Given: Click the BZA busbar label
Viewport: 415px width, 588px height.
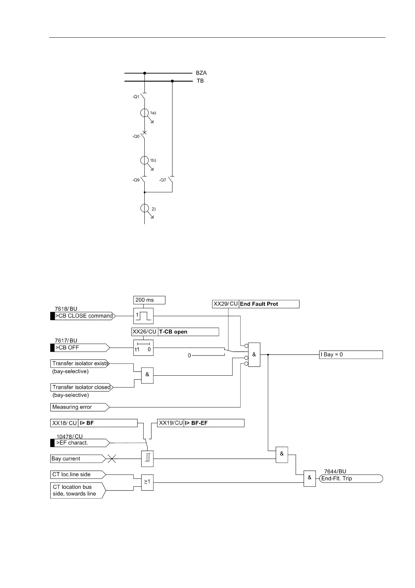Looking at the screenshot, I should pyautogui.click(x=201, y=73).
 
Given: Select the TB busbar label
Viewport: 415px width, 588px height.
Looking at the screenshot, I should pyautogui.click(x=200, y=81).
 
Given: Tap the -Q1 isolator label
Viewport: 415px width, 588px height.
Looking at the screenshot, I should pyautogui.click(x=136, y=97).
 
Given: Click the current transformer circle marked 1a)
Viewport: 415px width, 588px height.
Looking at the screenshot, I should pyautogui.click(x=144, y=113).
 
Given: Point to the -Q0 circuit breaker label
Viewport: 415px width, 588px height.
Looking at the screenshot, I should pyautogui.click(x=136, y=137).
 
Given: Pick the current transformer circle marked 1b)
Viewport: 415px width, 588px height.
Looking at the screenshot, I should pyautogui.click(x=144, y=160).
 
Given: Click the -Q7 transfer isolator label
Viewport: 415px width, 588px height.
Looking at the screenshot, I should pyautogui.click(x=163, y=180).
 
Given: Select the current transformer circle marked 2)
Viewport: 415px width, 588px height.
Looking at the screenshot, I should pyautogui.click(x=144, y=208).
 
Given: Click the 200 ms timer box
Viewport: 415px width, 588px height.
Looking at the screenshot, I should pyautogui.click(x=149, y=300).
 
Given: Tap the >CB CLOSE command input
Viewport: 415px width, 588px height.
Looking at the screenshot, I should pyautogui.click(x=84, y=316).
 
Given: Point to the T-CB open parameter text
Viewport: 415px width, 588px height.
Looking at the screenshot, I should pyautogui.click(x=173, y=332).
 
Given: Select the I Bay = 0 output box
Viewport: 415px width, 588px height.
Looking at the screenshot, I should pyautogui.click(x=351, y=355).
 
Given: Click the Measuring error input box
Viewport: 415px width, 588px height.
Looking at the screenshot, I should pyautogui.click(x=79, y=407).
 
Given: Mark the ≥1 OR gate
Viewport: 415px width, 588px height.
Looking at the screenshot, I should pyautogui.click(x=147, y=482).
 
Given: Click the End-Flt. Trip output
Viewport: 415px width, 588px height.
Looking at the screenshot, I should pyautogui.click(x=351, y=479).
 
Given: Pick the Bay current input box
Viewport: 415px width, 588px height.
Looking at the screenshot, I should pyautogui.click(x=77, y=459).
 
